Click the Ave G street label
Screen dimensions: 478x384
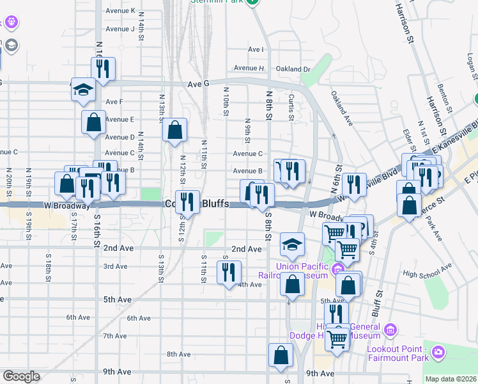click(x=199, y=83)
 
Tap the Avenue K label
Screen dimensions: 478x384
click(x=120, y=11)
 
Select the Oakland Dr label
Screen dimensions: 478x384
click(x=293, y=68)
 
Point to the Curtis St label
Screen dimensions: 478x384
click(x=291, y=107)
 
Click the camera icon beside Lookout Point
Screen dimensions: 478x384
click(x=438, y=351)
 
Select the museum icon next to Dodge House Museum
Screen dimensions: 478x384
click(x=390, y=330)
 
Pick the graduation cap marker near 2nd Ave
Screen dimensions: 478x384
click(x=292, y=243)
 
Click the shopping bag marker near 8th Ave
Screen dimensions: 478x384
click(x=281, y=355)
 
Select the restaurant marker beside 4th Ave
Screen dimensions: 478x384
click(x=228, y=272)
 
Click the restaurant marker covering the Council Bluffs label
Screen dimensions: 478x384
click(x=187, y=203)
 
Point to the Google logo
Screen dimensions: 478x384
click(x=21, y=376)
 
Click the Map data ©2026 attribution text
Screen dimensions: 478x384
click(x=451, y=379)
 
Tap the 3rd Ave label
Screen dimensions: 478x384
click(x=116, y=266)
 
